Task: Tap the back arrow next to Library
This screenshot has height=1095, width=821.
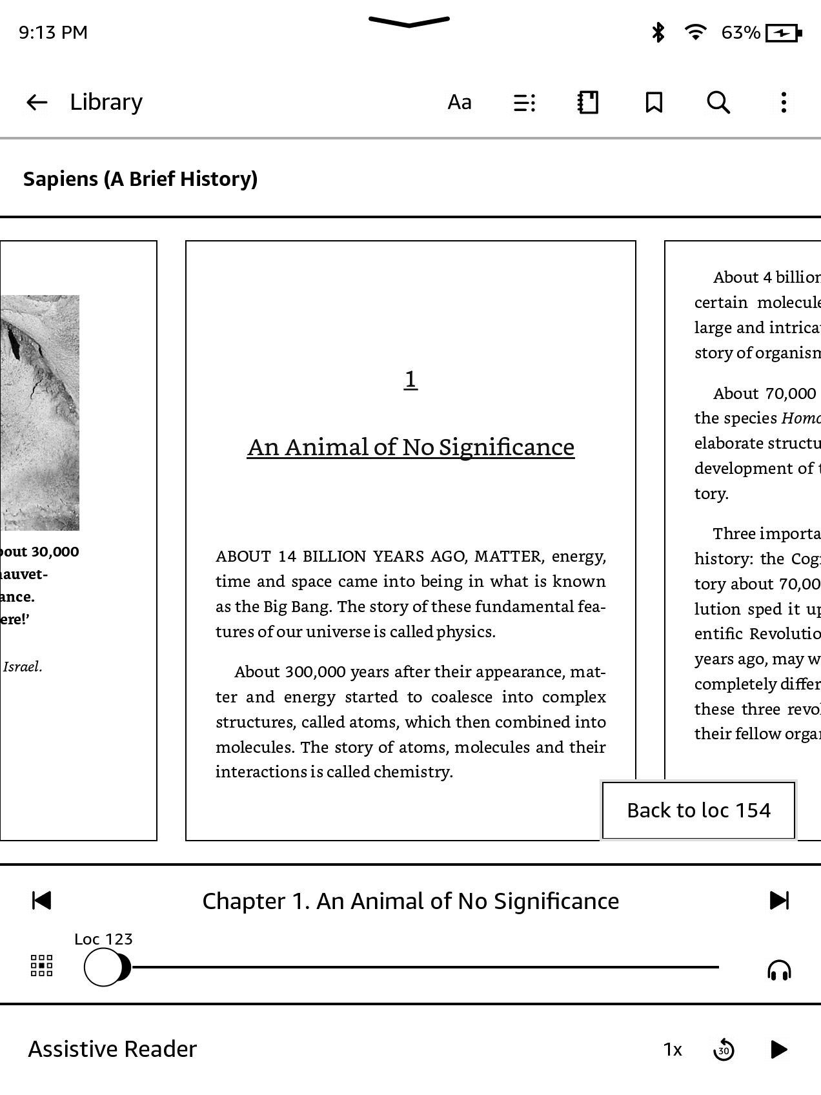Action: [x=37, y=102]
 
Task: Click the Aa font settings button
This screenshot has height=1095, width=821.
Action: [x=460, y=102]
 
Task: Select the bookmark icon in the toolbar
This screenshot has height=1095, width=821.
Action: [x=654, y=102]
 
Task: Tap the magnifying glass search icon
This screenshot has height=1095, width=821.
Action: [x=718, y=102]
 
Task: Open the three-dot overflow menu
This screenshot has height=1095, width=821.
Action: [x=784, y=102]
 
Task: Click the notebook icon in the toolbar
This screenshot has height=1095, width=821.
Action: [x=588, y=102]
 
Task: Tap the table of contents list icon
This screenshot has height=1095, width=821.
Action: [x=524, y=102]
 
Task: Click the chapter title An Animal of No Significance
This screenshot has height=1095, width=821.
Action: [x=411, y=447]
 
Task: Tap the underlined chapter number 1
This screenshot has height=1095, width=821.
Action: [x=411, y=379]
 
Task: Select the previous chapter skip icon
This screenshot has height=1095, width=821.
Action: [x=41, y=900]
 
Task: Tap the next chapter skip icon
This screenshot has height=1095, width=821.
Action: [x=779, y=900]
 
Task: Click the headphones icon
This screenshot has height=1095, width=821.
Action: [x=779, y=970]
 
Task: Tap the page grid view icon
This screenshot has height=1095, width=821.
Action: [x=42, y=966]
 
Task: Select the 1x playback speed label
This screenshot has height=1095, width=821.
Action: [x=673, y=1050]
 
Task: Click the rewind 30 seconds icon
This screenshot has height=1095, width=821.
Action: [x=724, y=1050]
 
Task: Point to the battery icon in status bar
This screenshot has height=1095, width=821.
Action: [x=783, y=33]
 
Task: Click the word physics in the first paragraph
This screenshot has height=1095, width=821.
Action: [x=465, y=631]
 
